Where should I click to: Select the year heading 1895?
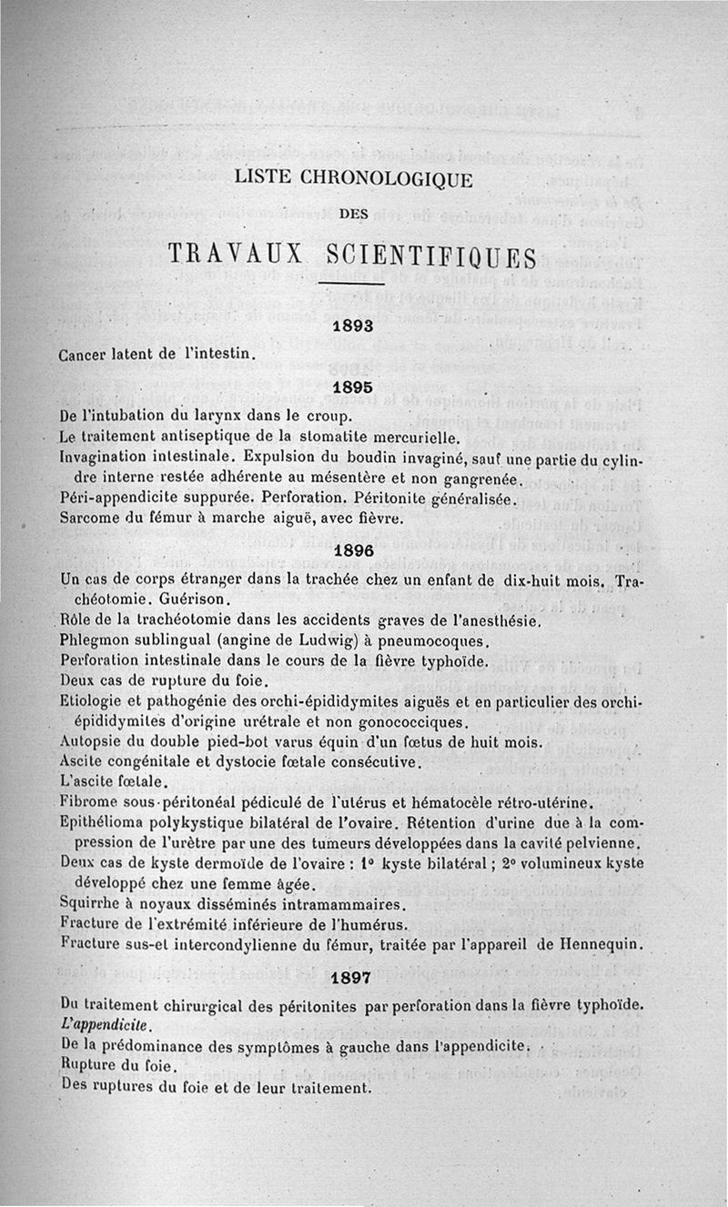(352, 387)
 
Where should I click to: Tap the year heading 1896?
(351, 551)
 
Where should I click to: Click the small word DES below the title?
(351, 215)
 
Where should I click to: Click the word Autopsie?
(91, 743)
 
